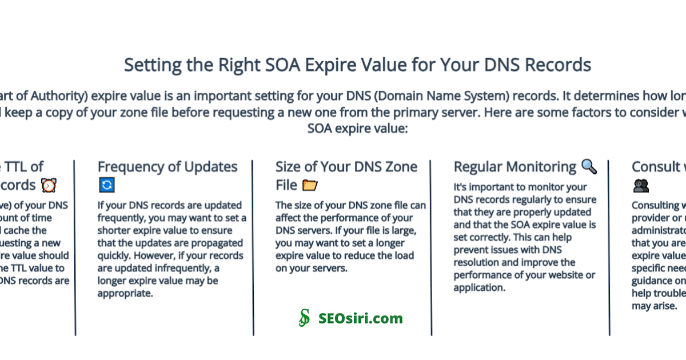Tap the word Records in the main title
tap(553, 65)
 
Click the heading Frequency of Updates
tap(167, 167)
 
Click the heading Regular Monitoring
tap(515, 167)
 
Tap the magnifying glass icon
tap(589, 166)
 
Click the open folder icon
tap(310, 185)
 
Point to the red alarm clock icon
tap(49, 185)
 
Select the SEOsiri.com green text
tap(361, 318)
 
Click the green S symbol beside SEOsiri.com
tap(305, 318)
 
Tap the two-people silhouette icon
tap(641, 186)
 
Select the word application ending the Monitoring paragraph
tap(479, 287)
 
